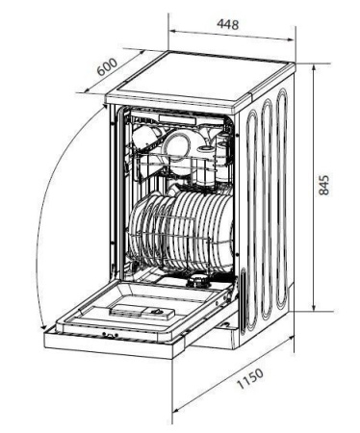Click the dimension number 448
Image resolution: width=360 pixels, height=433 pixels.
(x=228, y=24)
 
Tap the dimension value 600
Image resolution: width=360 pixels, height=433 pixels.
(x=107, y=66)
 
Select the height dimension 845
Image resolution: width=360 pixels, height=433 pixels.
(x=324, y=185)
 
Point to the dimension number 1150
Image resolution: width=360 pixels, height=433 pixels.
(x=250, y=378)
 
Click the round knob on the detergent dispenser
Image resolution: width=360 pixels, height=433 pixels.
(x=157, y=312)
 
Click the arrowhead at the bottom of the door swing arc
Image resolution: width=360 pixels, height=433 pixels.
(x=43, y=326)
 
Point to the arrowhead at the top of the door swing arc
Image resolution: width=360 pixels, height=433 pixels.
(x=104, y=106)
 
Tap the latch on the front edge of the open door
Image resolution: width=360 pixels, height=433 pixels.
(x=110, y=335)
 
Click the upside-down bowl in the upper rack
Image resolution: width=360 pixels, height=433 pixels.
(x=145, y=137)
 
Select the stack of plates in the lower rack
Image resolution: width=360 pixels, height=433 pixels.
(x=181, y=231)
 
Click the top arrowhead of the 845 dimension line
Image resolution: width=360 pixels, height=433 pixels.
(x=314, y=68)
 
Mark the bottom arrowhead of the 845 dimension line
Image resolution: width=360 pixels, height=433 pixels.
(x=314, y=307)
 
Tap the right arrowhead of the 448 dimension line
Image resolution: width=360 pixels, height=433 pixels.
(x=291, y=39)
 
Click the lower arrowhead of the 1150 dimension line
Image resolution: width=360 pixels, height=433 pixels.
(x=175, y=410)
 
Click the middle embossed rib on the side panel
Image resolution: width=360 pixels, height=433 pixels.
(x=267, y=209)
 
